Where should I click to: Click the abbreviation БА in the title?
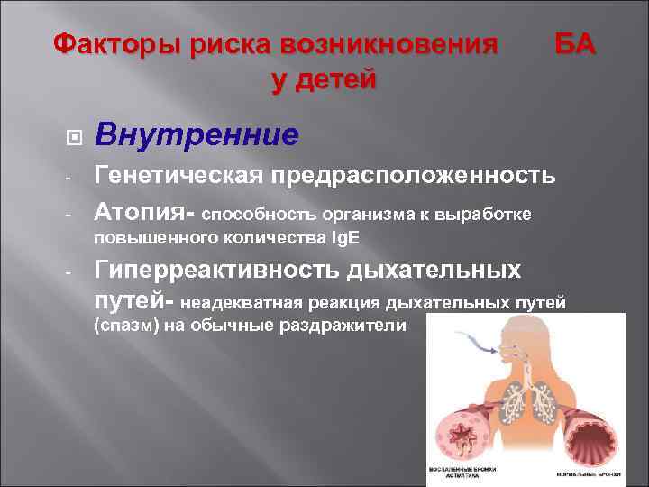pos(573,43)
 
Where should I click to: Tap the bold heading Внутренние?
pos(197,136)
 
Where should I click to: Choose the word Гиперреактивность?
pos(216,271)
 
